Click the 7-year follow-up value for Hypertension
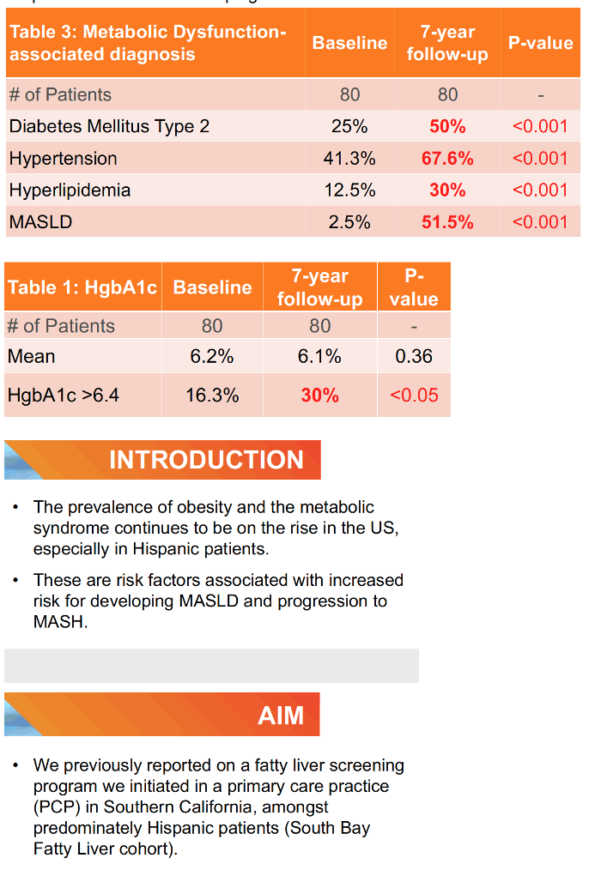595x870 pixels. coord(447,158)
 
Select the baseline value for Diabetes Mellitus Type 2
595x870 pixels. coord(349,126)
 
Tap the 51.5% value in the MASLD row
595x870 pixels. coord(447,222)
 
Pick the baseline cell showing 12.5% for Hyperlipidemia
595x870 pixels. coord(349,190)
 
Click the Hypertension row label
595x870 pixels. coord(64,158)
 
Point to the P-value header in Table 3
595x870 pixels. coord(541,43)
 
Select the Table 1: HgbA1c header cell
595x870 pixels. coord(82,287)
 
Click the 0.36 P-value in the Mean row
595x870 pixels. coord(414,356)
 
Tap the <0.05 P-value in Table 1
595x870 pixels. coord(414,395)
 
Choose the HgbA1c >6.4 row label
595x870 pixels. coord(64,395)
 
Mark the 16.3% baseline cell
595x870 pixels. coord(212,395)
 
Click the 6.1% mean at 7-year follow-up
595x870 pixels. coord(319,356)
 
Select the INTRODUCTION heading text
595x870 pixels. coord(206,459)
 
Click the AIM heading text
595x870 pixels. coord(281,716)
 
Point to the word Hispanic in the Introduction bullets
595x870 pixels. coord(167,549)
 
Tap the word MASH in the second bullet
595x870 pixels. coord(59,622)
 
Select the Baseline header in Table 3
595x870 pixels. coord(349,43)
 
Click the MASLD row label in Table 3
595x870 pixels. coord(40,222)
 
